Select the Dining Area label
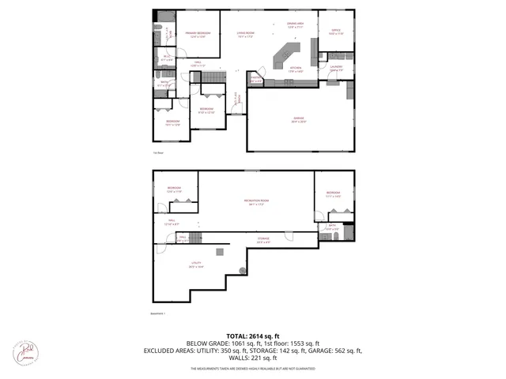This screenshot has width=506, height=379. click(x=296, y=25)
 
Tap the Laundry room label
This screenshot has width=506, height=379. click(x=336, y=69)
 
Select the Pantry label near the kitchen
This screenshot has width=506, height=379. click(x=255, y=80)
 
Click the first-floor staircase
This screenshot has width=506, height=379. click(x=213, y=77)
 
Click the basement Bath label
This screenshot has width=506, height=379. click(x=332, y=227)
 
